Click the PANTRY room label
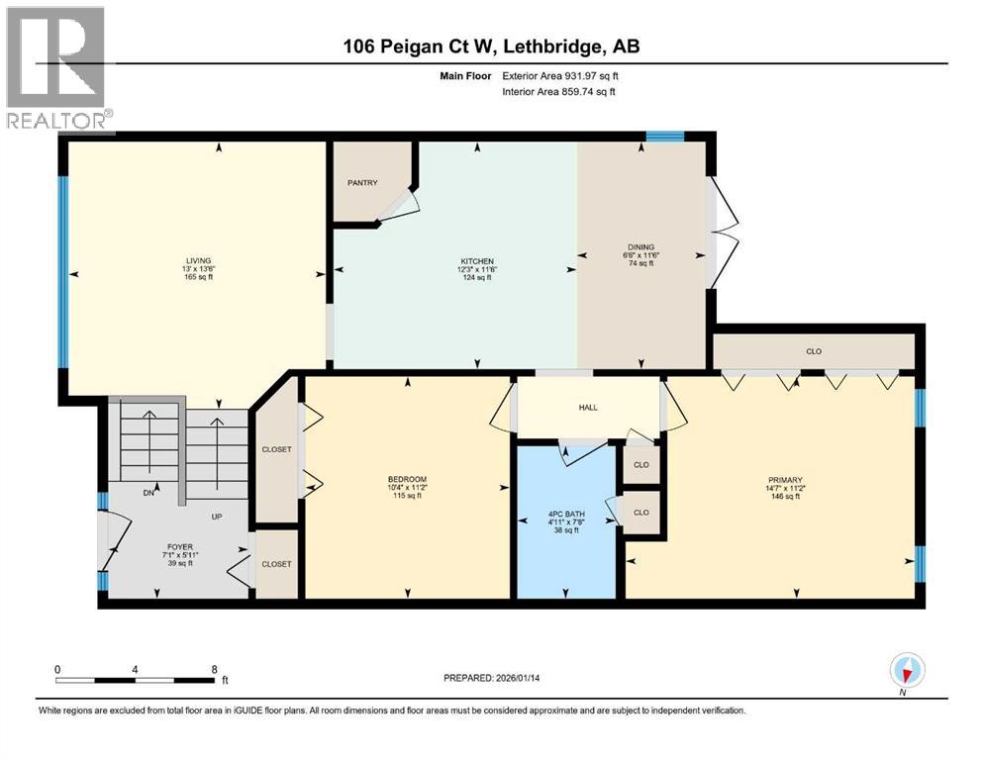[362, 183]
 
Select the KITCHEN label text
[476, 260]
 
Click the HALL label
[588, 408]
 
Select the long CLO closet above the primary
[814, 351]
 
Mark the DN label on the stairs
[148, 492]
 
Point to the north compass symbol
[908, 672]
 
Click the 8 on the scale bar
[215, 669]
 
